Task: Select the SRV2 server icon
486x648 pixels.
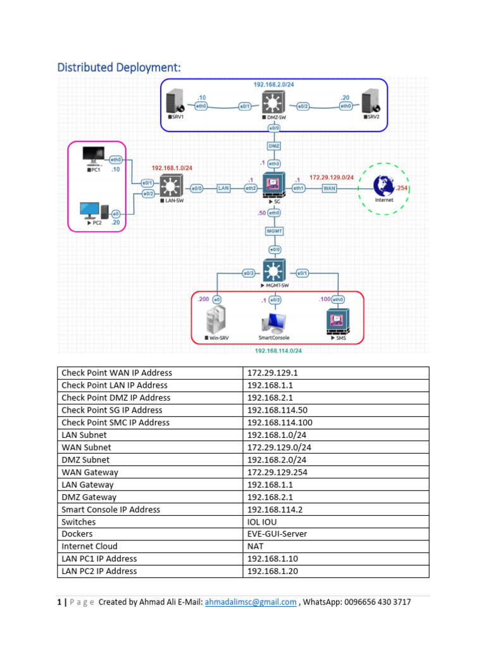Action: click(370, 104)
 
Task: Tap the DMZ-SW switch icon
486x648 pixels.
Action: click(273, 104)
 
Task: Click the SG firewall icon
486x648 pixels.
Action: click(274, 186)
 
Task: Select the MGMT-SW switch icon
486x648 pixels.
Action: click(273, 272)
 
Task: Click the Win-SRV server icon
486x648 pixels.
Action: click(216, 321)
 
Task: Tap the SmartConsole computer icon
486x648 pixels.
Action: click(274, 322)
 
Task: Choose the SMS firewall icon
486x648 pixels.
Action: click(337, 321)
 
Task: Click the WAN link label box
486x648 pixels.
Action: click(329, 188)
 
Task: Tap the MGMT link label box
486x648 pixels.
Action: click(273, 232)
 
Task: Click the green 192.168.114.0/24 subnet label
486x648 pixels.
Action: click(278, 351)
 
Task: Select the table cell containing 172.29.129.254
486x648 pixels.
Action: click(336, 472)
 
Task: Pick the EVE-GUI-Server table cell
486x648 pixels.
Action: click(336, 534)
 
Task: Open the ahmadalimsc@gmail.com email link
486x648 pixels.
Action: click(251, 602)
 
